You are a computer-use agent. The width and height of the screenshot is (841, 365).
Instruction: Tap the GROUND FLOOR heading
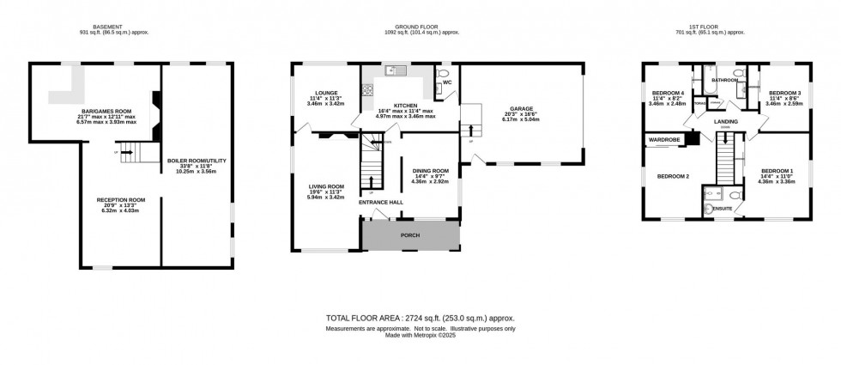(420, 27)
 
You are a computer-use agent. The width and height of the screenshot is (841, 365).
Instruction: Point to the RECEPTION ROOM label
(120, 199)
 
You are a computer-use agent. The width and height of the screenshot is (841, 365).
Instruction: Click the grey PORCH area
(411, 234)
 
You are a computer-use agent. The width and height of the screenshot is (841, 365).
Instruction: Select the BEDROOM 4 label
(669, 93)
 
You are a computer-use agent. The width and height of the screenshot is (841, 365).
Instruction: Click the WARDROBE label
(664, 138)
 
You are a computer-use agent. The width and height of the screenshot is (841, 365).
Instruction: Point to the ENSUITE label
(722, 208)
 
